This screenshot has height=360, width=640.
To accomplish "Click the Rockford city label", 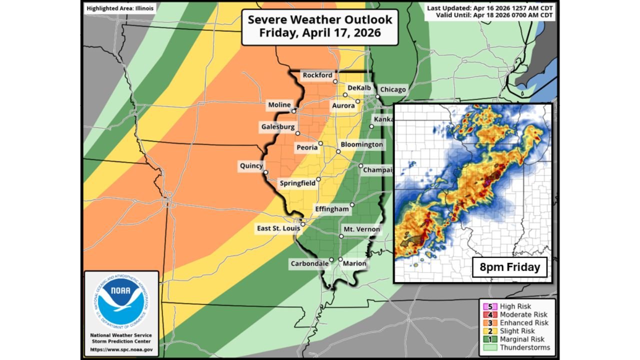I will (x=317, y=75).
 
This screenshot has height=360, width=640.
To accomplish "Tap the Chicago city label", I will (x=393, y=89).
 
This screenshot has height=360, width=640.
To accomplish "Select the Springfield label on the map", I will (x=297, y=183).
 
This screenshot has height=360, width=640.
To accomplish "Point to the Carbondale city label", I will (x=309, y=263).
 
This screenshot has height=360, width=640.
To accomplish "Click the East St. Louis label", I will (x=278, y=228).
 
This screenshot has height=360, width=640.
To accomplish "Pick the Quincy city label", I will (x=250, y=165).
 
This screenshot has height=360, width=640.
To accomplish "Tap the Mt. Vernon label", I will (x=361, y=229).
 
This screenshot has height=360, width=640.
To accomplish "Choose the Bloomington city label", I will (x=362, y=144).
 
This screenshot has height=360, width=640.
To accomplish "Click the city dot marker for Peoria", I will (x=321, y=143).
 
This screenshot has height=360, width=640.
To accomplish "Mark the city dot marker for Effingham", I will (x=352, y=204).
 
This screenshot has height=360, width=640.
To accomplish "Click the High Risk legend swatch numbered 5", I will (x=484, y=306).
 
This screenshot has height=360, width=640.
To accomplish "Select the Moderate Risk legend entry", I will (x=519, y=314).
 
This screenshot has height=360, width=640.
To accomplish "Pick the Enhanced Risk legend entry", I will (x=518, y=323).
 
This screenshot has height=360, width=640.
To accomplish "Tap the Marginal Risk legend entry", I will (x=518, y=339).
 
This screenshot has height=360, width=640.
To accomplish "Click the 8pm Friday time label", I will (x=510, y=267).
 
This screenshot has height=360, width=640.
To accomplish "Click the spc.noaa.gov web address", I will (x=121, y=349).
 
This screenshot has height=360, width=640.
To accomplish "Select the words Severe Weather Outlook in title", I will (x=320, y=20).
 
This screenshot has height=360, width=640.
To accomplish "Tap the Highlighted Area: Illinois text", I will (x=120, y=8).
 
